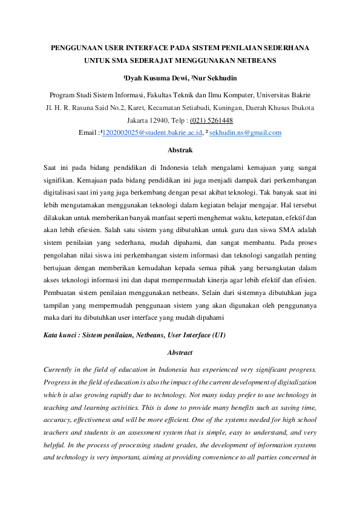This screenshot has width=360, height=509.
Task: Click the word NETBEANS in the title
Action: tap(255, 60)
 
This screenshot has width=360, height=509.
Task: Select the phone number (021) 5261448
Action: tap(212, 120)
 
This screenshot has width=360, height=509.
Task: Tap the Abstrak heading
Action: tap(180, 149)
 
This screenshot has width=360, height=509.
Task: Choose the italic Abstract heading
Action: tap(180, 352)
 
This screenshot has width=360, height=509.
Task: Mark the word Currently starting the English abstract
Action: tap(60, 369)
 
